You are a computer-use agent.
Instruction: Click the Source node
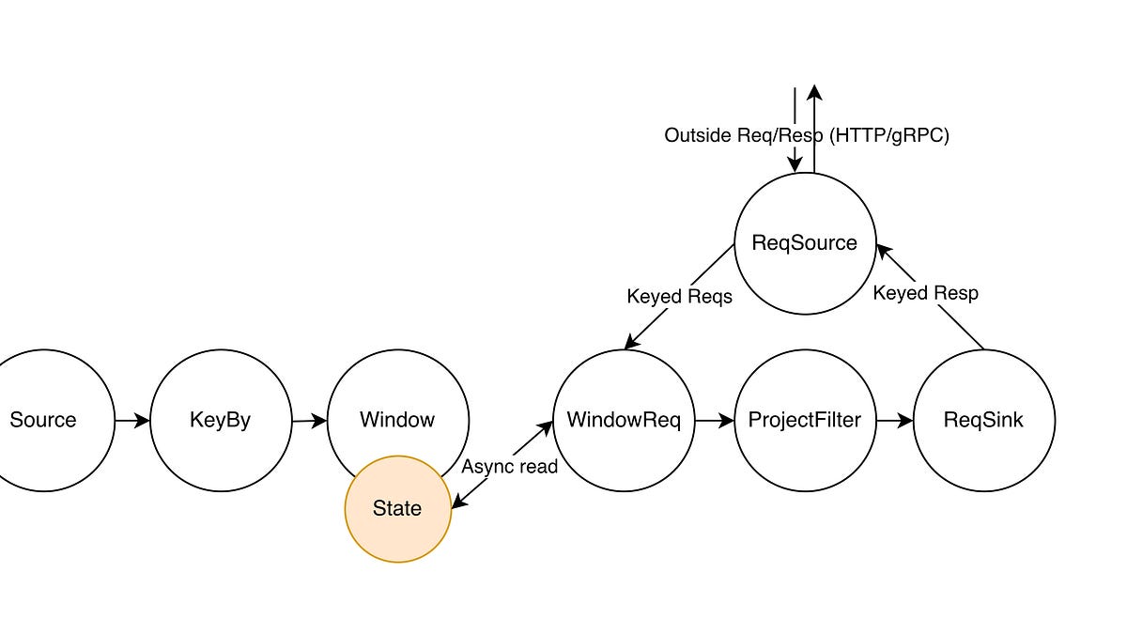click(x=43, y=420)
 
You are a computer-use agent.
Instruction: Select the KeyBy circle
click(x=221, y=420)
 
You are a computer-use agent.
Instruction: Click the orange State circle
click(x=397, y=509)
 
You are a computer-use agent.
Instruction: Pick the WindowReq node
click(x=624, y=420)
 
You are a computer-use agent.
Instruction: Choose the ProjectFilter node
click(x=804, y=420)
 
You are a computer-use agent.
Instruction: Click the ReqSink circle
click(x=983, y=420)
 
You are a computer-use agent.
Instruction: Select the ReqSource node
click(x=804, y=243)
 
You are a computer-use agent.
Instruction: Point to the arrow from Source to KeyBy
click(x=132, y=421)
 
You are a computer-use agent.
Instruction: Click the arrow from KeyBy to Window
click(x=310, y=421)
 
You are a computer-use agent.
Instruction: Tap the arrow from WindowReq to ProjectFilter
click(x=715, y=421)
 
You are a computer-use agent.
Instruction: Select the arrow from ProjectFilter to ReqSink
click(x=894, y=421)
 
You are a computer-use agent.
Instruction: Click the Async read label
click(x=509, y=467)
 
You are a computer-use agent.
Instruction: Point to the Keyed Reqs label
click(x=679, y=297)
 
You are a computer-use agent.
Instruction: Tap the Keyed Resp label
click(x=925, y=293)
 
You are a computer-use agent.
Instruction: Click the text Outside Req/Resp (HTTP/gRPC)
click(x=807, y=135)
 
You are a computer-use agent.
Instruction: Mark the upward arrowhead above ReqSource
click(x=814, y=92)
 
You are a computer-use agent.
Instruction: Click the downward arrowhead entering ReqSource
click(x=795, y=164)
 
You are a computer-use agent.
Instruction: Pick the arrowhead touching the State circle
click(x=458, y=503)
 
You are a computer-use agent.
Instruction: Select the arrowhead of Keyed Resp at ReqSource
click(x=883, y=249)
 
